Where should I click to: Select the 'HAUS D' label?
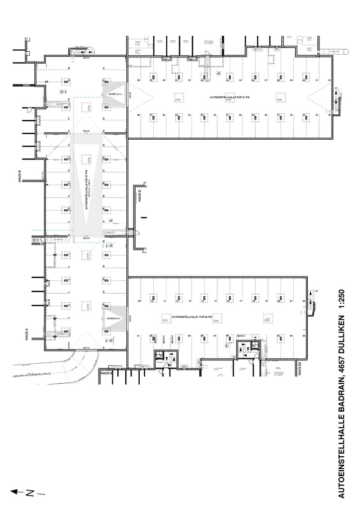[x=140, y=195]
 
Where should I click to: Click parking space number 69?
[x=140, y=301]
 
